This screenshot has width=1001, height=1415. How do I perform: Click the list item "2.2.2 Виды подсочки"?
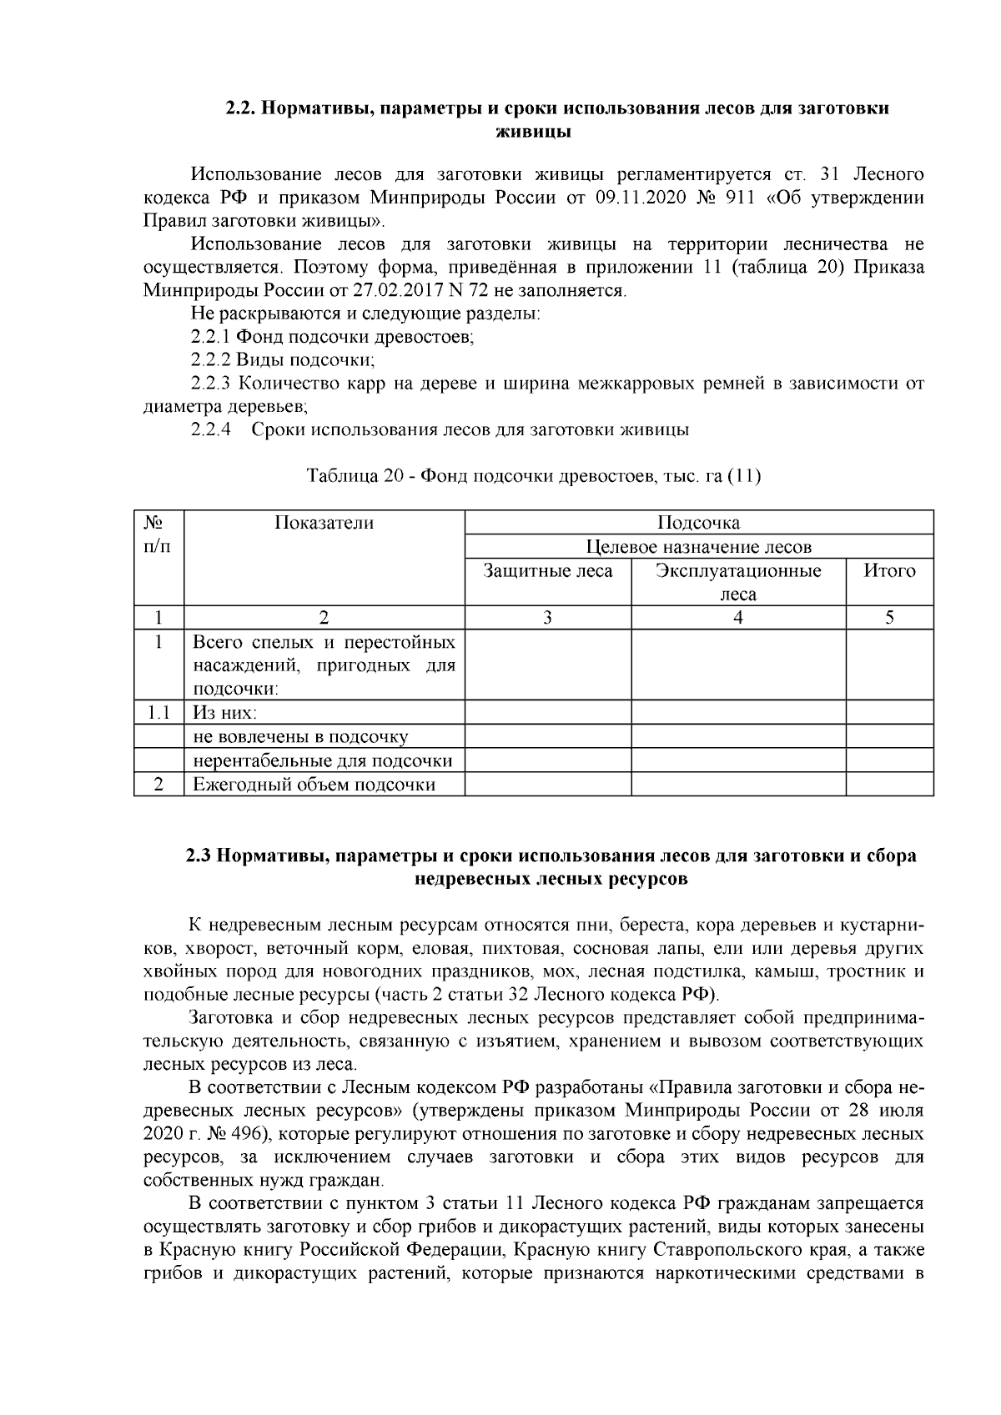[282, 360]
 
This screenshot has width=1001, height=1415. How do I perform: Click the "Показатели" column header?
[324, 523]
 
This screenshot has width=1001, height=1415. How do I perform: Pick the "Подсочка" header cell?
[698, 523]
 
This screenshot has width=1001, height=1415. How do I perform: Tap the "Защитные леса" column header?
[548, 571]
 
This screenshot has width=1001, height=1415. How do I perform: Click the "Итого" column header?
[889, 571]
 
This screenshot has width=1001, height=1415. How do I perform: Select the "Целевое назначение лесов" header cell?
[698, 547]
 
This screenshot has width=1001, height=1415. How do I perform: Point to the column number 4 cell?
[738, 618]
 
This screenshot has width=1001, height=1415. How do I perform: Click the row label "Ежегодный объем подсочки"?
[314, 785]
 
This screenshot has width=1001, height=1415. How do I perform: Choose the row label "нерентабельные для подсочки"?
[323, 760]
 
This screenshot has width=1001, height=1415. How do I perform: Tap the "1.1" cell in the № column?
[158, 713]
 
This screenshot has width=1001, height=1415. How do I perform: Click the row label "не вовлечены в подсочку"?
[300, 737]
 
